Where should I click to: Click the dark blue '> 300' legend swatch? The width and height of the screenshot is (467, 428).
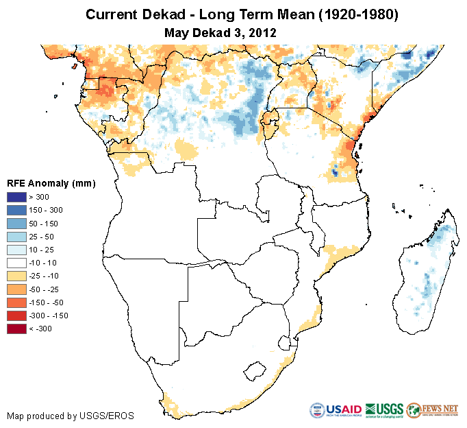coord(16,198)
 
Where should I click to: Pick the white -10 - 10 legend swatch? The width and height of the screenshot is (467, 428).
coord(16,263)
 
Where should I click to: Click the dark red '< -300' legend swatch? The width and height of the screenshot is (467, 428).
coord(16,329)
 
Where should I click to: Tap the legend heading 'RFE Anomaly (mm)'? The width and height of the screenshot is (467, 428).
coord(51,183)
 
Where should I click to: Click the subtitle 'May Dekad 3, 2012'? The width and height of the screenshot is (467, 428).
coord(220,32)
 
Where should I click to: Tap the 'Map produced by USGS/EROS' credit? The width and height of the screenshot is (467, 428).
coord(71,416)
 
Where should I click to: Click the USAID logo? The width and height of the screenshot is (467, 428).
coord(336,410)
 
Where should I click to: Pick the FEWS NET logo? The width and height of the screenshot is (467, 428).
coord(432,410)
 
